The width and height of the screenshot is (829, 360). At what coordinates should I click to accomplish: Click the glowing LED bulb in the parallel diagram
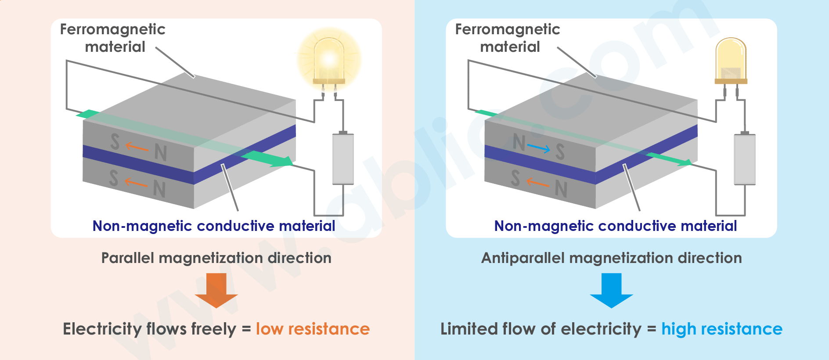(329, 59)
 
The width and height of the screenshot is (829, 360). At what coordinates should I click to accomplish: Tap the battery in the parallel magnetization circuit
(343, 158)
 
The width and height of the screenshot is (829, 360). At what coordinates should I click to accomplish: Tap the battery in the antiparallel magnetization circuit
(745, 159)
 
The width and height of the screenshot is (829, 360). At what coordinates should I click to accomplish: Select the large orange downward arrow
(216, 290)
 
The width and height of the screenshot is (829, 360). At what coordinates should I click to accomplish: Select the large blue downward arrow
(611, 290)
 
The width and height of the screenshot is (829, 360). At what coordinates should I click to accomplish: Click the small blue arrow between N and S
(539, 148)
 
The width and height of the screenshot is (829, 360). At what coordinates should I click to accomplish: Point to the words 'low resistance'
(313, 329)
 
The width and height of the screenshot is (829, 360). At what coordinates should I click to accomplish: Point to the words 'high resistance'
(722, 329)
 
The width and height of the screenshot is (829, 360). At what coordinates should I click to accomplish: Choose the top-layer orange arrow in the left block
(137, 147)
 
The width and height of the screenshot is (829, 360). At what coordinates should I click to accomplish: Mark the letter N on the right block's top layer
(519, 143)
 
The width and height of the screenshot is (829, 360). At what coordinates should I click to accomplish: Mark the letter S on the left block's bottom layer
(114, 178)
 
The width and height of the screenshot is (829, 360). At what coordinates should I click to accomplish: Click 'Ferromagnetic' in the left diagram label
(112, 29)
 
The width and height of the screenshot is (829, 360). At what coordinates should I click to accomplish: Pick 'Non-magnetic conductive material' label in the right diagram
(615, 226)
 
